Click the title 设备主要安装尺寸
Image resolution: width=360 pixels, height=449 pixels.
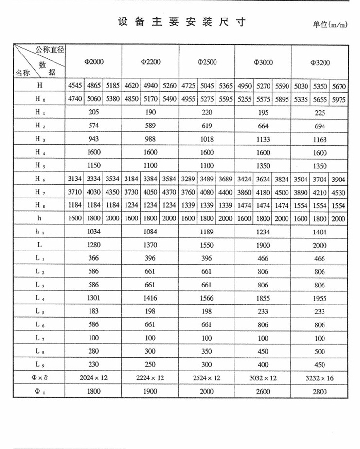(x=181, y=22)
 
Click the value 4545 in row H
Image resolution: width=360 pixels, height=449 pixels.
(x=75, y=86)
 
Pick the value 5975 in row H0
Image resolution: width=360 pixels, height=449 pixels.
(x=339, y=99)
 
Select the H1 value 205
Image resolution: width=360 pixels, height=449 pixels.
(x=93, y=112)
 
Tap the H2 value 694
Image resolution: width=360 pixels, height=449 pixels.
(x=320, y=126)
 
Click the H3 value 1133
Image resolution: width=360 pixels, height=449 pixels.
(x=263, y=139)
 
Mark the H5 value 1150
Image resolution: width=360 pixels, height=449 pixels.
(x=93, y=165)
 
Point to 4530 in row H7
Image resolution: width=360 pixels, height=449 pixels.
(x=339, y=192)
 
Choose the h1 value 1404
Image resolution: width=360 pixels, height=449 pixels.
(x=320, y=232)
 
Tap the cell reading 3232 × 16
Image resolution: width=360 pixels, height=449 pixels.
(x=320, y=378)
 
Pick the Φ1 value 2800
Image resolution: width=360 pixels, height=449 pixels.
(x=320, y=391)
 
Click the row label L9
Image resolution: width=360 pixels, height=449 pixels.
(x=39, y=365)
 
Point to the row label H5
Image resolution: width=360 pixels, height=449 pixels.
(x=39, y=165)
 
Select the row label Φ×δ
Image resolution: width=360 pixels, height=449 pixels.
(x=39, y=378)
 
